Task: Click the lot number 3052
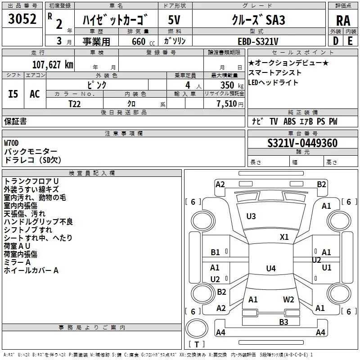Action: click(x=22, y=19)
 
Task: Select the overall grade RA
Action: click(x=343, y=21)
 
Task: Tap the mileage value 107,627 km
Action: click(x=53, y=65)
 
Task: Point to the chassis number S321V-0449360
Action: click(x=302, y=143)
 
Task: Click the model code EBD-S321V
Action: click(x=258, y=41)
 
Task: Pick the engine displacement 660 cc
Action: click(x=143, y=41)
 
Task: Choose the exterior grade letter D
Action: click(x=336, y=41)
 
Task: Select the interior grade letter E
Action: click(x=350, y=41)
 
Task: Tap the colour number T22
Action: click(x=74, y=104)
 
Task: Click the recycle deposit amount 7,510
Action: click(x=226, y=104)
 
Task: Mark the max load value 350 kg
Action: click(x=232, y=85)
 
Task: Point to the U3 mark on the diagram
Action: click(x=251, y=216)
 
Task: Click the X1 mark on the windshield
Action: click(x=284, y=237)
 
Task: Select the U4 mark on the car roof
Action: click(x=271, y=268)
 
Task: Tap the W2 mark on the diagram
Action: click(x=288, y=300)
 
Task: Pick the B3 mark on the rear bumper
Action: click(x=283, y=322)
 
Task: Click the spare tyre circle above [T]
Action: click(x=197, y=328)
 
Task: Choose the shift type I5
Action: click(x=13, y=94)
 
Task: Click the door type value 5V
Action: click(x=174, y=20)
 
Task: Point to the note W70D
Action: click(x=11, y=143)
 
